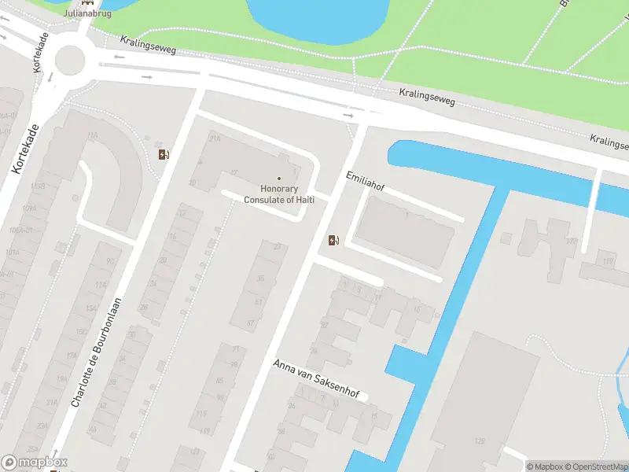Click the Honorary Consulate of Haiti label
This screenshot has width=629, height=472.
coord(278,194)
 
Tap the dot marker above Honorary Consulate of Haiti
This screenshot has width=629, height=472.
coord(278,178)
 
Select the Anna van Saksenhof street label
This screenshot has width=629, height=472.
coord(319,380)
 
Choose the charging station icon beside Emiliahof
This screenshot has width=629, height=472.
coord(334,240)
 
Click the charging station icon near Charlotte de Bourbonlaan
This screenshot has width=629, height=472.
coord(164,154)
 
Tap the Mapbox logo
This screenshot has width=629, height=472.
coord(35,463)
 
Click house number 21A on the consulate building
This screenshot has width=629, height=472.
coord(215,138)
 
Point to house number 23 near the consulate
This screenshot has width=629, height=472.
coord(277,247)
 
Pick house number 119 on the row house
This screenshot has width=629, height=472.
coord(202,414)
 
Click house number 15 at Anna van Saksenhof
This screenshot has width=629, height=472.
coord(374,416)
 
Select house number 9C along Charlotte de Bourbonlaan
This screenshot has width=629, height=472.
coord(111,261)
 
